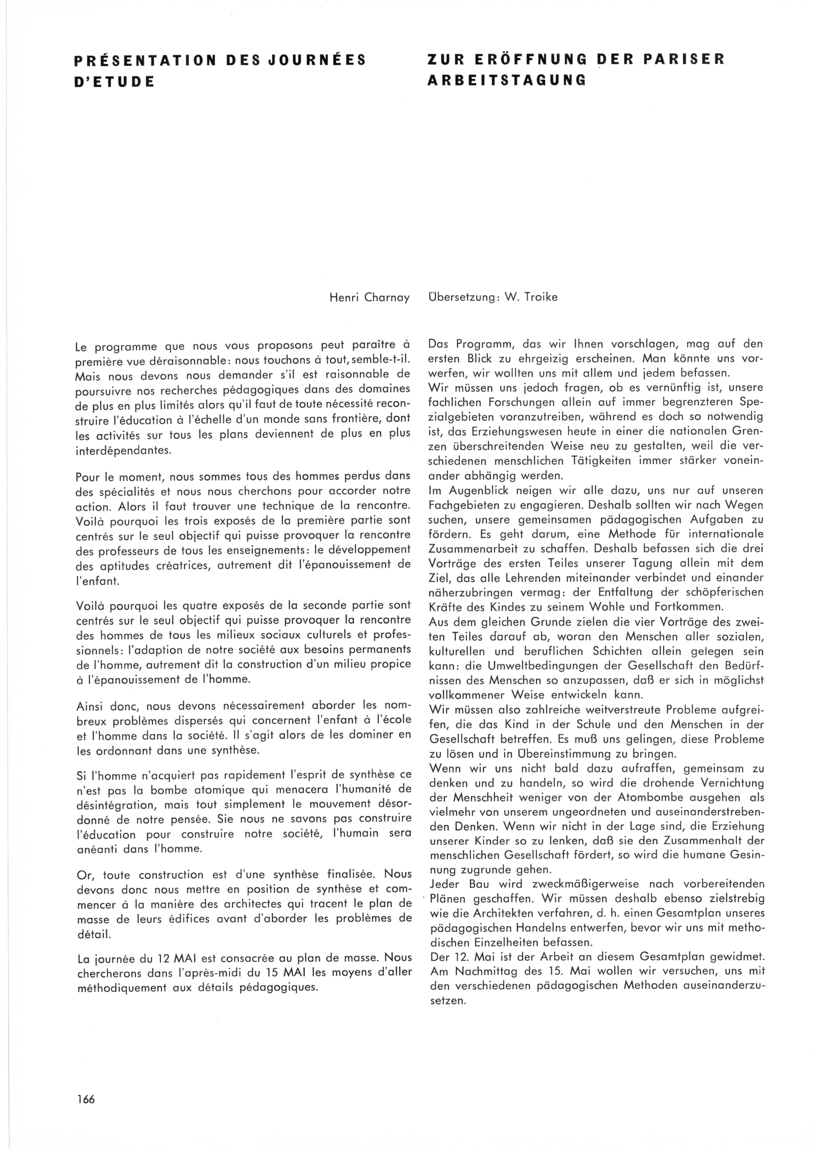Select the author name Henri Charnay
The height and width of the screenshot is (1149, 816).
(369, 298)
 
